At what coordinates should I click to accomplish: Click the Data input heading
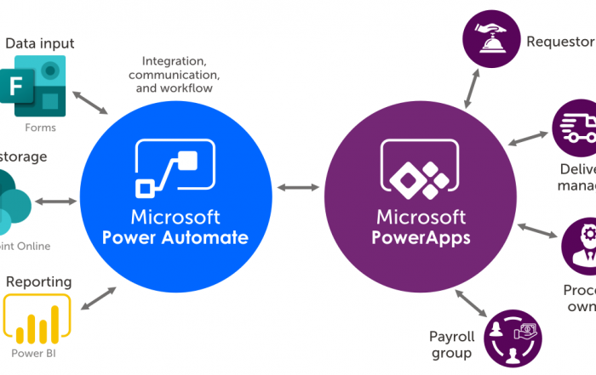[x=40, y=43]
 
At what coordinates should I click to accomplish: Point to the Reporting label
[x=38, y=281]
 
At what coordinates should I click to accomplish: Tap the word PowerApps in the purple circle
[x=421, y=237]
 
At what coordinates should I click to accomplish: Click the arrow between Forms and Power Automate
[x=91, y=100]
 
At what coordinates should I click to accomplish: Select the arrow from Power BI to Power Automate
[x=99, y=298]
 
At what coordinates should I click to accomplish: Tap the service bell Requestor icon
[x=490, y=37]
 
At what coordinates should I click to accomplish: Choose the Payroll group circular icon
[x=512, y=338]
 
